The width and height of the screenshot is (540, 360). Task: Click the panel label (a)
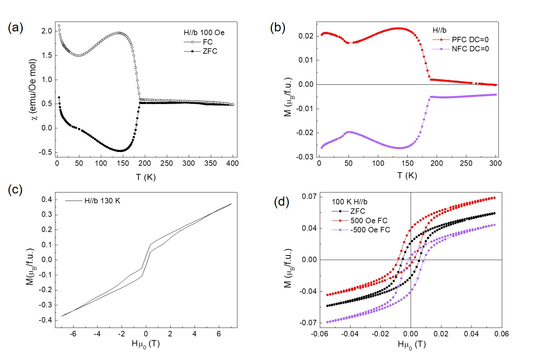pyautogui.click(x=16, y=27)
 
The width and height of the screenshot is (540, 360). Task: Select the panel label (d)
pyautogui.click(x=282, y=202)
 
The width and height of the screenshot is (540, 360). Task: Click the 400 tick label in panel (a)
pyautogui.click(x=232, y=163)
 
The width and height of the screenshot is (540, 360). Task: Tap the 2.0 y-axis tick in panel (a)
pyautogui.click(x=47, y=31)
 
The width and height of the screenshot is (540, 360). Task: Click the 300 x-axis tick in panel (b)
pyautogui.click(x=495, y=163)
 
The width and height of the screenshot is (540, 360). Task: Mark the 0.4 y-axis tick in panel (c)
pyautogui.click(x=47, y=200)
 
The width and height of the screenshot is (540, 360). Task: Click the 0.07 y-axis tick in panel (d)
pyautogui.click(x=309, y=197)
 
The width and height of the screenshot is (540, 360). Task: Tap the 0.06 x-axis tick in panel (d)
pyautogui.click(x=502, y=334)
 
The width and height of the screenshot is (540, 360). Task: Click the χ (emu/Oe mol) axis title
pyautogui.click(x=33, y=90)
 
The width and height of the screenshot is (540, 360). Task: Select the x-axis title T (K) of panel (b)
pyautogui.click(x=407, y=176)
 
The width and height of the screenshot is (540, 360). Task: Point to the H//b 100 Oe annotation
pyautogui.click(x=204, y=32)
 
